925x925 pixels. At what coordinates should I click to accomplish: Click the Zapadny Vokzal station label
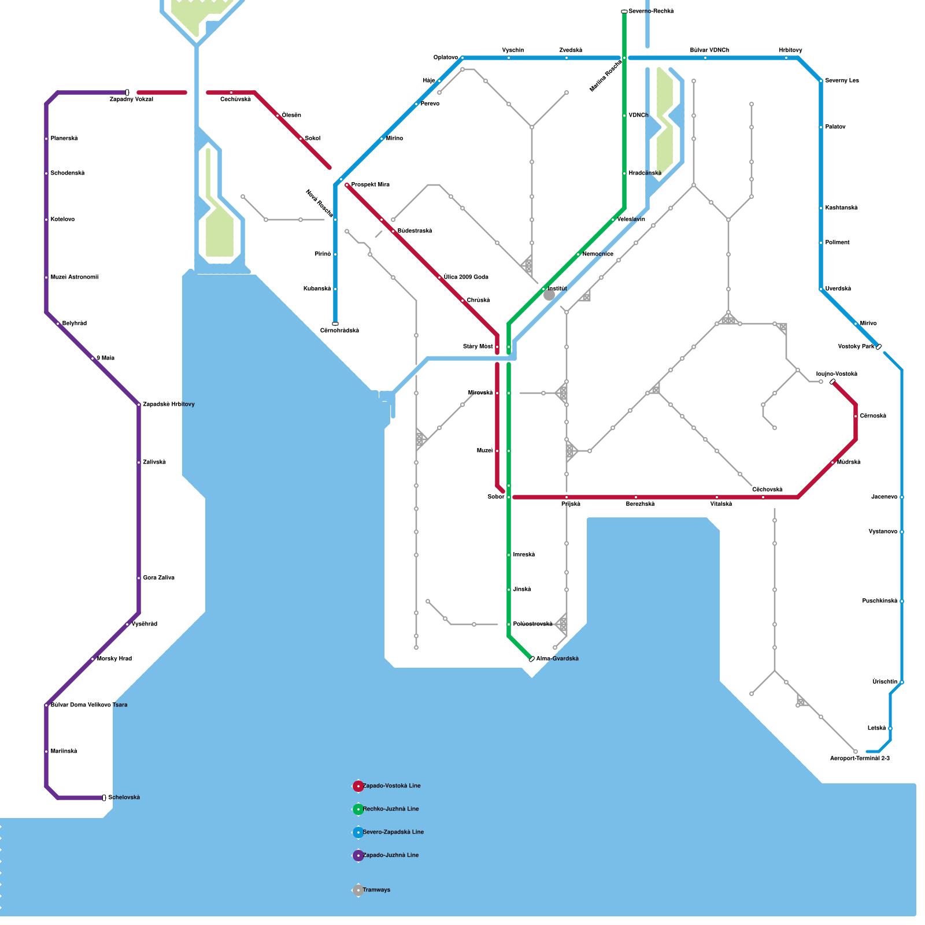(131, 99)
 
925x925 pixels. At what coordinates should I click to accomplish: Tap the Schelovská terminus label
(124, 797)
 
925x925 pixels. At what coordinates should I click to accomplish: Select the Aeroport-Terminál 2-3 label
(860, 758)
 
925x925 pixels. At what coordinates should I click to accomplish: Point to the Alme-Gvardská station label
(557, 658)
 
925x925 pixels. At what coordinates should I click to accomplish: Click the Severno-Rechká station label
(651, 11)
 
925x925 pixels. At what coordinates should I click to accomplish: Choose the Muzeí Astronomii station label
(74, 277)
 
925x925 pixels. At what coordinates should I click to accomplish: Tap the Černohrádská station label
(339, 331)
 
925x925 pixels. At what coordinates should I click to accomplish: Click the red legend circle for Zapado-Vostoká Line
(358, 786)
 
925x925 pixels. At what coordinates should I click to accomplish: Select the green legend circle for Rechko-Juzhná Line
(358, 809)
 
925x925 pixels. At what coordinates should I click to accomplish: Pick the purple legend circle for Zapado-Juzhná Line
(358, 855)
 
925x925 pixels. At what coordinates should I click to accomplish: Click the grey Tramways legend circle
(358, 890)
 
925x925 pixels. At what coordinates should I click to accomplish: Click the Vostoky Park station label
(856, 346)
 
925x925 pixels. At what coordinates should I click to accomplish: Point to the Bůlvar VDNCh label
(709, 50)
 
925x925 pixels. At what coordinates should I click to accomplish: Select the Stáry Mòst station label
(478, 346)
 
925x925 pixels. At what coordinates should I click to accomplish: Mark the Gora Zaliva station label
(158, 578)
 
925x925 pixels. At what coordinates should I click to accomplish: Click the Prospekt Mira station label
(370, 184)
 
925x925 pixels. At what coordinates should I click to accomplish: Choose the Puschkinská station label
(879, 601)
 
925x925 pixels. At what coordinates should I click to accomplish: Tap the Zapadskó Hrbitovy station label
(168, 404)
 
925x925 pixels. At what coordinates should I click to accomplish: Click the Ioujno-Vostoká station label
(837, 374)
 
